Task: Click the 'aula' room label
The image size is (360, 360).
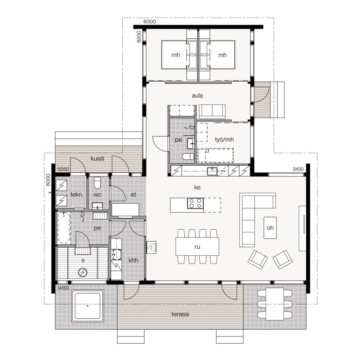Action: (197, 96)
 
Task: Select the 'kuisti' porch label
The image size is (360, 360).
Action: (98, 159)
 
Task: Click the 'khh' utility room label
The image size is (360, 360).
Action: (133, 260)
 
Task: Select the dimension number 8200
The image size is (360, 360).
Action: (138, 36)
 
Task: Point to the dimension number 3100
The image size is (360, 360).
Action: (298, 170)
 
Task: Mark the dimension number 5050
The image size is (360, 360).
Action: (63, 170)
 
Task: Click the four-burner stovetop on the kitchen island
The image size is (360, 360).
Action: (196, 204)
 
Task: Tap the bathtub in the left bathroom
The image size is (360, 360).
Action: (64, 228)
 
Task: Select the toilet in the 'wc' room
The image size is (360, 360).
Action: (98, 184)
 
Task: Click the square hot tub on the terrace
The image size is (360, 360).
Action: (88, 306)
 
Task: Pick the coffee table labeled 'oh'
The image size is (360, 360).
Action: (270, 228)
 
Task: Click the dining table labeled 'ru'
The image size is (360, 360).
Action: (197, 246)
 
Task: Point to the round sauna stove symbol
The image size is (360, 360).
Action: (82, 272)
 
